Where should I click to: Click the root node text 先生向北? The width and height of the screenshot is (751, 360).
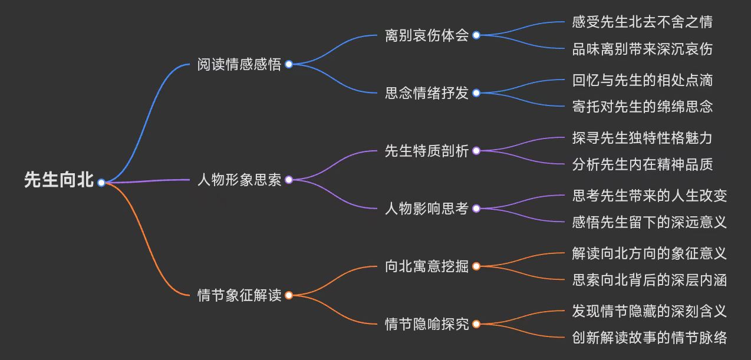click(59, 180)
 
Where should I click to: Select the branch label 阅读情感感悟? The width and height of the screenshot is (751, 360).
click(239, 64)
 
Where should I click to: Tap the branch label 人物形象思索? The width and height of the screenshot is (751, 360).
click(239, 180)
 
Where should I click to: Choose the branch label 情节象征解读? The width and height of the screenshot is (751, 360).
click(239, 295)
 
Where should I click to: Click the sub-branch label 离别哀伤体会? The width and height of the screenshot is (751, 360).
click(426, 35)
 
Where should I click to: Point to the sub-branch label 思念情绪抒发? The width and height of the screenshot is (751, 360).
click(426, 93)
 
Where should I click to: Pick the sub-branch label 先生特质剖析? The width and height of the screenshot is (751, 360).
click(426, 151)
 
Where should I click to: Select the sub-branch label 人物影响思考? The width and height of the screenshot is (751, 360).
click(426, 209)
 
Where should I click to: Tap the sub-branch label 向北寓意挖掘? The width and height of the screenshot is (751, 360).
click(426, 266)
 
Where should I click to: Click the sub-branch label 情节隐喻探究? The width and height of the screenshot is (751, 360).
click(426, 324)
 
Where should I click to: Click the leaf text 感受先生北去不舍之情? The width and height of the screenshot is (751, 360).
click(643, 22)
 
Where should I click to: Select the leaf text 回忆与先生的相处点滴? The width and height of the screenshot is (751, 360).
click(643, 80)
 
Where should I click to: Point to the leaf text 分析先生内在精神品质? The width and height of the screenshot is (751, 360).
click(643, 164)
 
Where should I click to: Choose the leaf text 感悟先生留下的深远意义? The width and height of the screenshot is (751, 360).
click(650, 222)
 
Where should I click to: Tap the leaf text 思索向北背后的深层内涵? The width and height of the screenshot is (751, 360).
click(650, 280)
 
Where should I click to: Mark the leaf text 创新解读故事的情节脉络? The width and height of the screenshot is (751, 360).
click(650, 338)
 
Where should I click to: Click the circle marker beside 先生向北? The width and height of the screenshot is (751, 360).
click(101, 182)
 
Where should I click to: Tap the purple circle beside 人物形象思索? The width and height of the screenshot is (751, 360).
click(289, 180)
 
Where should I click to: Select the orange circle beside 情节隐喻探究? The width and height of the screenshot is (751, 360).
click(476, 324)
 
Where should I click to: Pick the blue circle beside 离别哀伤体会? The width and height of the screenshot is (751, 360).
click(476, 35)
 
